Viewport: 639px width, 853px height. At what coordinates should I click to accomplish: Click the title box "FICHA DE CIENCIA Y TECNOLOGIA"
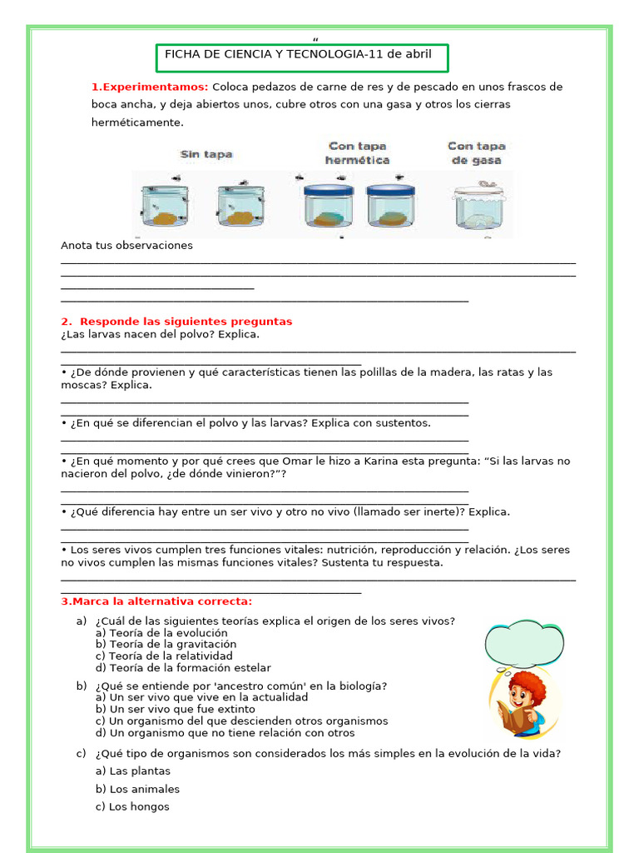(302, 56)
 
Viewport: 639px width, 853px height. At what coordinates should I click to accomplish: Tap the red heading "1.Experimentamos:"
(150, 87)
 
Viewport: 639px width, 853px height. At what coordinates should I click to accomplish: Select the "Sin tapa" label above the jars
(206, 154)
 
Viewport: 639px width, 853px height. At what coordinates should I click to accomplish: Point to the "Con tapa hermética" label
(358, 152)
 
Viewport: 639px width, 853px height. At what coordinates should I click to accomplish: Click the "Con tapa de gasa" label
(477, 152)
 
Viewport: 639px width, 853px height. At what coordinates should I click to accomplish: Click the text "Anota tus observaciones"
(126, 246)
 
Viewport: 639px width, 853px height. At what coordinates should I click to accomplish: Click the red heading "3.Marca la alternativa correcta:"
(156, 601)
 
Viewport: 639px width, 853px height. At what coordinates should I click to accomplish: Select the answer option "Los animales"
(137, 789)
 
